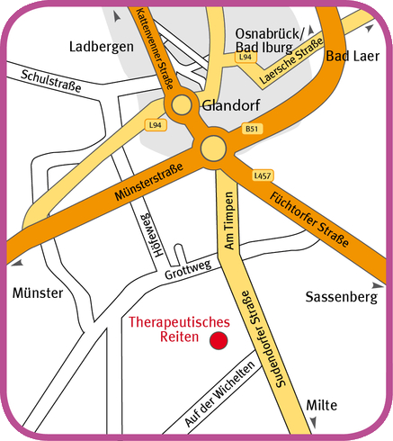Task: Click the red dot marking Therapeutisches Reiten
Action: point(218,340)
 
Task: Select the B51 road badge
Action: point(253,129)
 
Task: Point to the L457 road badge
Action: point(263,175)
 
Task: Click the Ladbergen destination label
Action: point(101,46)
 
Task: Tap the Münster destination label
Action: point(38,293)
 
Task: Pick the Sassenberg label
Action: point(337,296)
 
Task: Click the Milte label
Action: point(323,406)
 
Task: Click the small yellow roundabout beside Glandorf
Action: point(183,105)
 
